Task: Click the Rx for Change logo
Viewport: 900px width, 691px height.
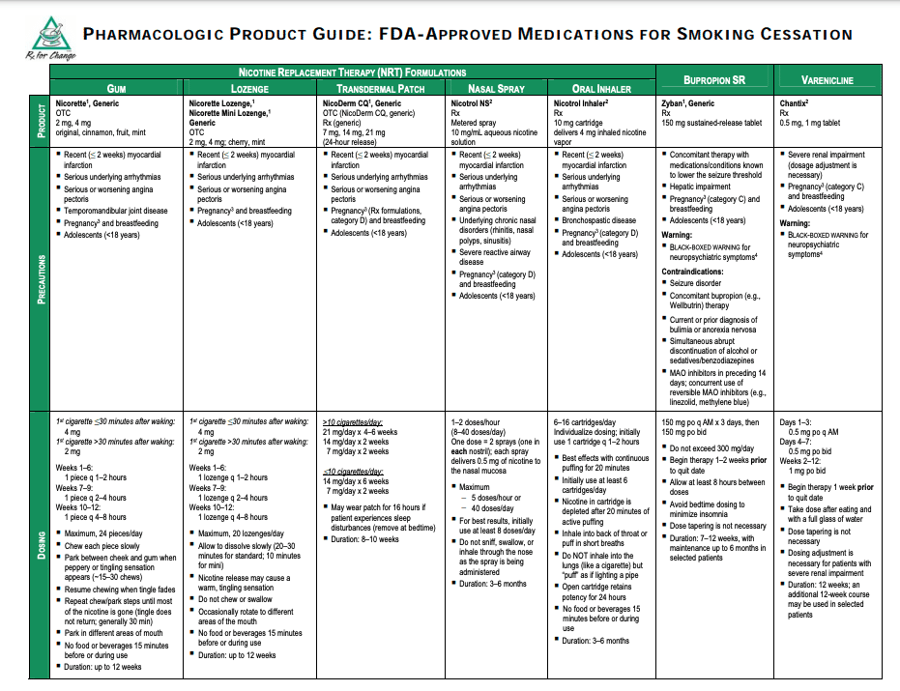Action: [x=40, y=37]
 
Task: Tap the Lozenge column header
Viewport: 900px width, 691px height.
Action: [x=249, y=88]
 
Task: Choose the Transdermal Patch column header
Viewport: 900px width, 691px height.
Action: [x=382, y=88]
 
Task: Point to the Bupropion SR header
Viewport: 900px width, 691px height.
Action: [x=714, y=80]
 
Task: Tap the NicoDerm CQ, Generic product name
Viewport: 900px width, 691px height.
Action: [x=362, y=103]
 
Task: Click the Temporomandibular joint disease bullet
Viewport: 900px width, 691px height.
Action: [x=116, y=211]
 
